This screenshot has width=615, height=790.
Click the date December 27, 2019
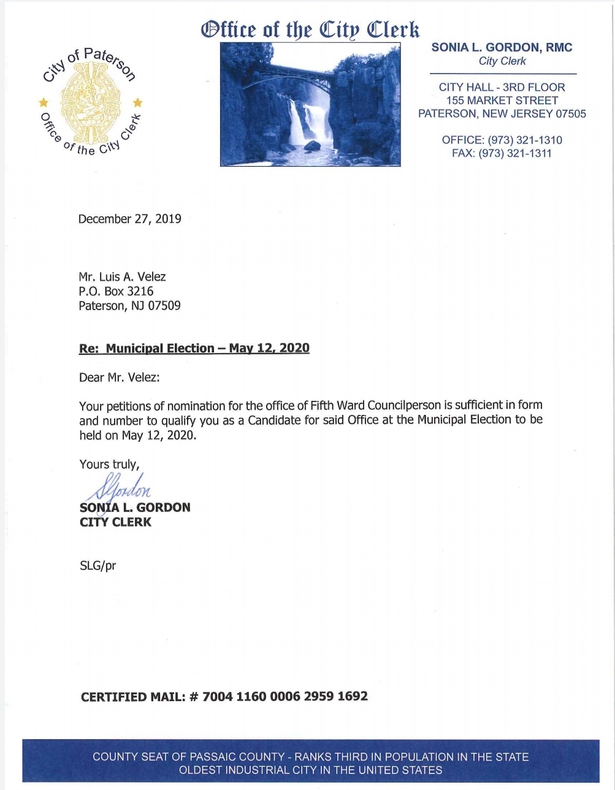[x=129, y=219]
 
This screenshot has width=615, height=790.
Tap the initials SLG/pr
[x=97, y=566]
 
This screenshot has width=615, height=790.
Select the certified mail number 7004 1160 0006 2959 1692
[x=285, y=696]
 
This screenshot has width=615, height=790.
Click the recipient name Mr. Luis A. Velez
[x=122, y=276]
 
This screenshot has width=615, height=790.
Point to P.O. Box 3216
[x=116, y=291]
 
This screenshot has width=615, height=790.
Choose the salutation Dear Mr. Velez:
[x=119, y=378]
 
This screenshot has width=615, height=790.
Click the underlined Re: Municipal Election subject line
[x=194, y=348]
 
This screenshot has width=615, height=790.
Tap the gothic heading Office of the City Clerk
[x=310, y=29]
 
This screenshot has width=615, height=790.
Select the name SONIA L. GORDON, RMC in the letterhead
[x=502, y=47]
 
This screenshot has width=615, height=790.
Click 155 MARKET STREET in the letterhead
[x=502, y=101]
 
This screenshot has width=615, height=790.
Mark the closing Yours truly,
[x=109, y=464]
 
